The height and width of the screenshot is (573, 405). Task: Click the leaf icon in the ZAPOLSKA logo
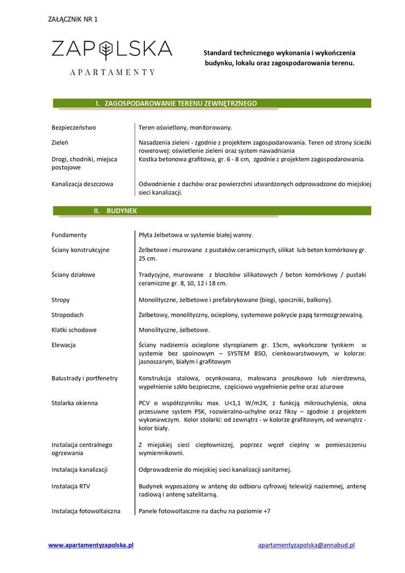pyautogui.click(x=105, y=50)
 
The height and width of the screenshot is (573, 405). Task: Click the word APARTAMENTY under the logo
pyautogui.click(x=112, y=72)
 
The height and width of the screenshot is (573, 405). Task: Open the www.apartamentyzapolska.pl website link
pyautogui.click(x=91, y=545)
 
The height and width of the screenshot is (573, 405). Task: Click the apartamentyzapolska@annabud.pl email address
pyautogui.click(x=306, y=545)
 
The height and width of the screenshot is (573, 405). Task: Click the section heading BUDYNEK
pyautogui.click(x=122, y=211)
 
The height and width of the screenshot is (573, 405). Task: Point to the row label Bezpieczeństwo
pyautogui.click(x=73, y=127)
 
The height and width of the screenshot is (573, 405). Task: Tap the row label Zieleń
pyautogui.click(x=60, y=142)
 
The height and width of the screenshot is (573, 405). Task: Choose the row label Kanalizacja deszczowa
pyautogui.click(x=82, y=185)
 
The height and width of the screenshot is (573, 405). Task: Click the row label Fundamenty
pyautogui.click(x=69, y=235)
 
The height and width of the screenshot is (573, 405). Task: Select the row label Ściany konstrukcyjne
pyautogui.click(x=80, y=250)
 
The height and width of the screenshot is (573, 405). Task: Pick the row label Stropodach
pyautogui.click(x=68, y=315)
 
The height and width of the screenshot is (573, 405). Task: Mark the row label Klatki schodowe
pyautogui.click(x=74, y=330)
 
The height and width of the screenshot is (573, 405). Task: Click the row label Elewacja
pyautogui.click(x=64, y=345)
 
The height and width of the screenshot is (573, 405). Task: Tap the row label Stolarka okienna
pyautogui.click(x=74, y=403)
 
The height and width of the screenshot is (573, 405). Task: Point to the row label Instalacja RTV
pyautogui.click(x=70, y=486)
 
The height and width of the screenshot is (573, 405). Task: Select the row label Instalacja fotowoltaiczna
pyautogui.click(x=86, y=511)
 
